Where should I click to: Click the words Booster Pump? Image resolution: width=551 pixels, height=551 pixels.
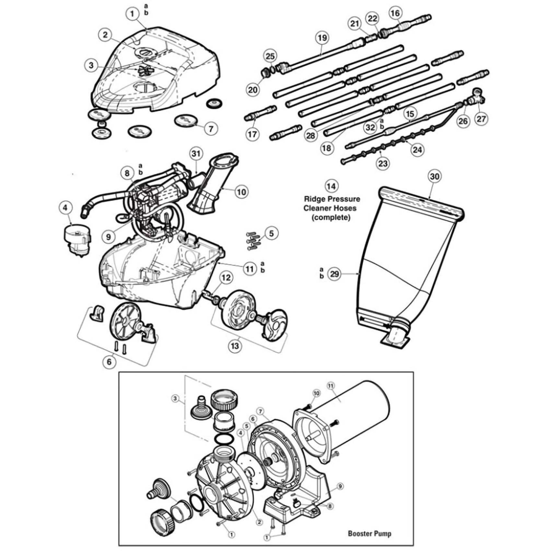(369, 533)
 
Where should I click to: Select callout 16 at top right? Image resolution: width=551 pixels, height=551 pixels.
(395, 13)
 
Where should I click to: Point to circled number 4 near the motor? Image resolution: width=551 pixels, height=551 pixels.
(66, 208)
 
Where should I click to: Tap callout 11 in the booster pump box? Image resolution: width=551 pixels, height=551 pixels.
(331, 386)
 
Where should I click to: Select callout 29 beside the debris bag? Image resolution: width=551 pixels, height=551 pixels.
(334, 274)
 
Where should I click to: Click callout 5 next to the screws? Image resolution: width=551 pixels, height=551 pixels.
(271, 233)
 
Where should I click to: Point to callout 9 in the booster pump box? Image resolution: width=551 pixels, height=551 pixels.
(340, 487)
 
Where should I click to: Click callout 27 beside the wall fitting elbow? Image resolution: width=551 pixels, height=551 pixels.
(481, 119)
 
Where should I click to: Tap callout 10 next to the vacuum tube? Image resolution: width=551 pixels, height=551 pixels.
(241, 192)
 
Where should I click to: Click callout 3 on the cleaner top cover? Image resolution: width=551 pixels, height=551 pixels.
(91, 65)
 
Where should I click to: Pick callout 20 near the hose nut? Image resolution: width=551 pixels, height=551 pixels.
(253, 89)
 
